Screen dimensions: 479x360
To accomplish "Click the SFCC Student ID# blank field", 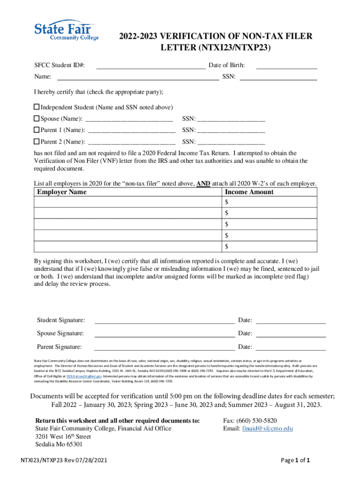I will [151, 66].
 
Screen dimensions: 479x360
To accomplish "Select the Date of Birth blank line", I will [286, 66].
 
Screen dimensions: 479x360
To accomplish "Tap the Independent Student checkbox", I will [37, 107].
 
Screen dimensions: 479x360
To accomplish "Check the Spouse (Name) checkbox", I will [37, 118].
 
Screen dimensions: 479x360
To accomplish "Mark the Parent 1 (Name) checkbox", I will [37, 130].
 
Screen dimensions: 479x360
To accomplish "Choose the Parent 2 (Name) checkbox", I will [37, 141].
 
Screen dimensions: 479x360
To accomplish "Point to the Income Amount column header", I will [249, 192].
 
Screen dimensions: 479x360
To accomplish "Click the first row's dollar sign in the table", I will [227, 202].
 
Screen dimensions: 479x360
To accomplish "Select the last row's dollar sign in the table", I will [227, 246].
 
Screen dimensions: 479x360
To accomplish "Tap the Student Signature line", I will [165, 321].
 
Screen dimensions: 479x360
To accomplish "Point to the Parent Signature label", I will [59, 347].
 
